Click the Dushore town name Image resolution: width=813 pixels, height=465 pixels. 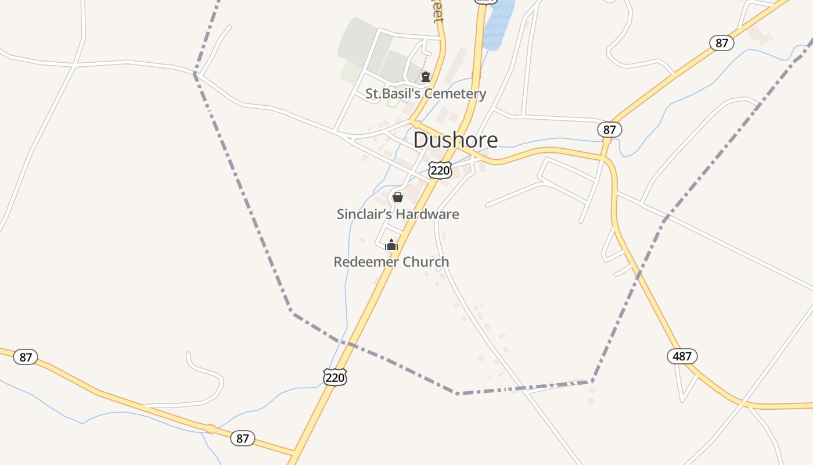455,140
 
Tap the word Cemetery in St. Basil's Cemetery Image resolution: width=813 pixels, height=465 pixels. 456,94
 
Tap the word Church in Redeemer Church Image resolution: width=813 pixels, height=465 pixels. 426,262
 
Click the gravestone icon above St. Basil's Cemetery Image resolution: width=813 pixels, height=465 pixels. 426,76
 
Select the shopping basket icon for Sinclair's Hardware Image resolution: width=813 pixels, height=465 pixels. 398,197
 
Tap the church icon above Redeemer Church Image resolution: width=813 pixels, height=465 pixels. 391,245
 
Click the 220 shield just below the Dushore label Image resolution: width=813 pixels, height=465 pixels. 440,170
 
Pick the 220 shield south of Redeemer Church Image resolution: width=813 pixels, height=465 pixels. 335,377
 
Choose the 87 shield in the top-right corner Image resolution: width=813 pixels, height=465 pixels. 721,43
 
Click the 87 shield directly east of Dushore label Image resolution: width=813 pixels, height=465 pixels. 609,130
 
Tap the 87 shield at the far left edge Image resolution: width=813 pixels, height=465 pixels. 26,357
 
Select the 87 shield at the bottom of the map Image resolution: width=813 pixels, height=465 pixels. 242,438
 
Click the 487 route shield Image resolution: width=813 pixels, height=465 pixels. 682,356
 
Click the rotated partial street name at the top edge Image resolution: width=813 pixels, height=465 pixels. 437,12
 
